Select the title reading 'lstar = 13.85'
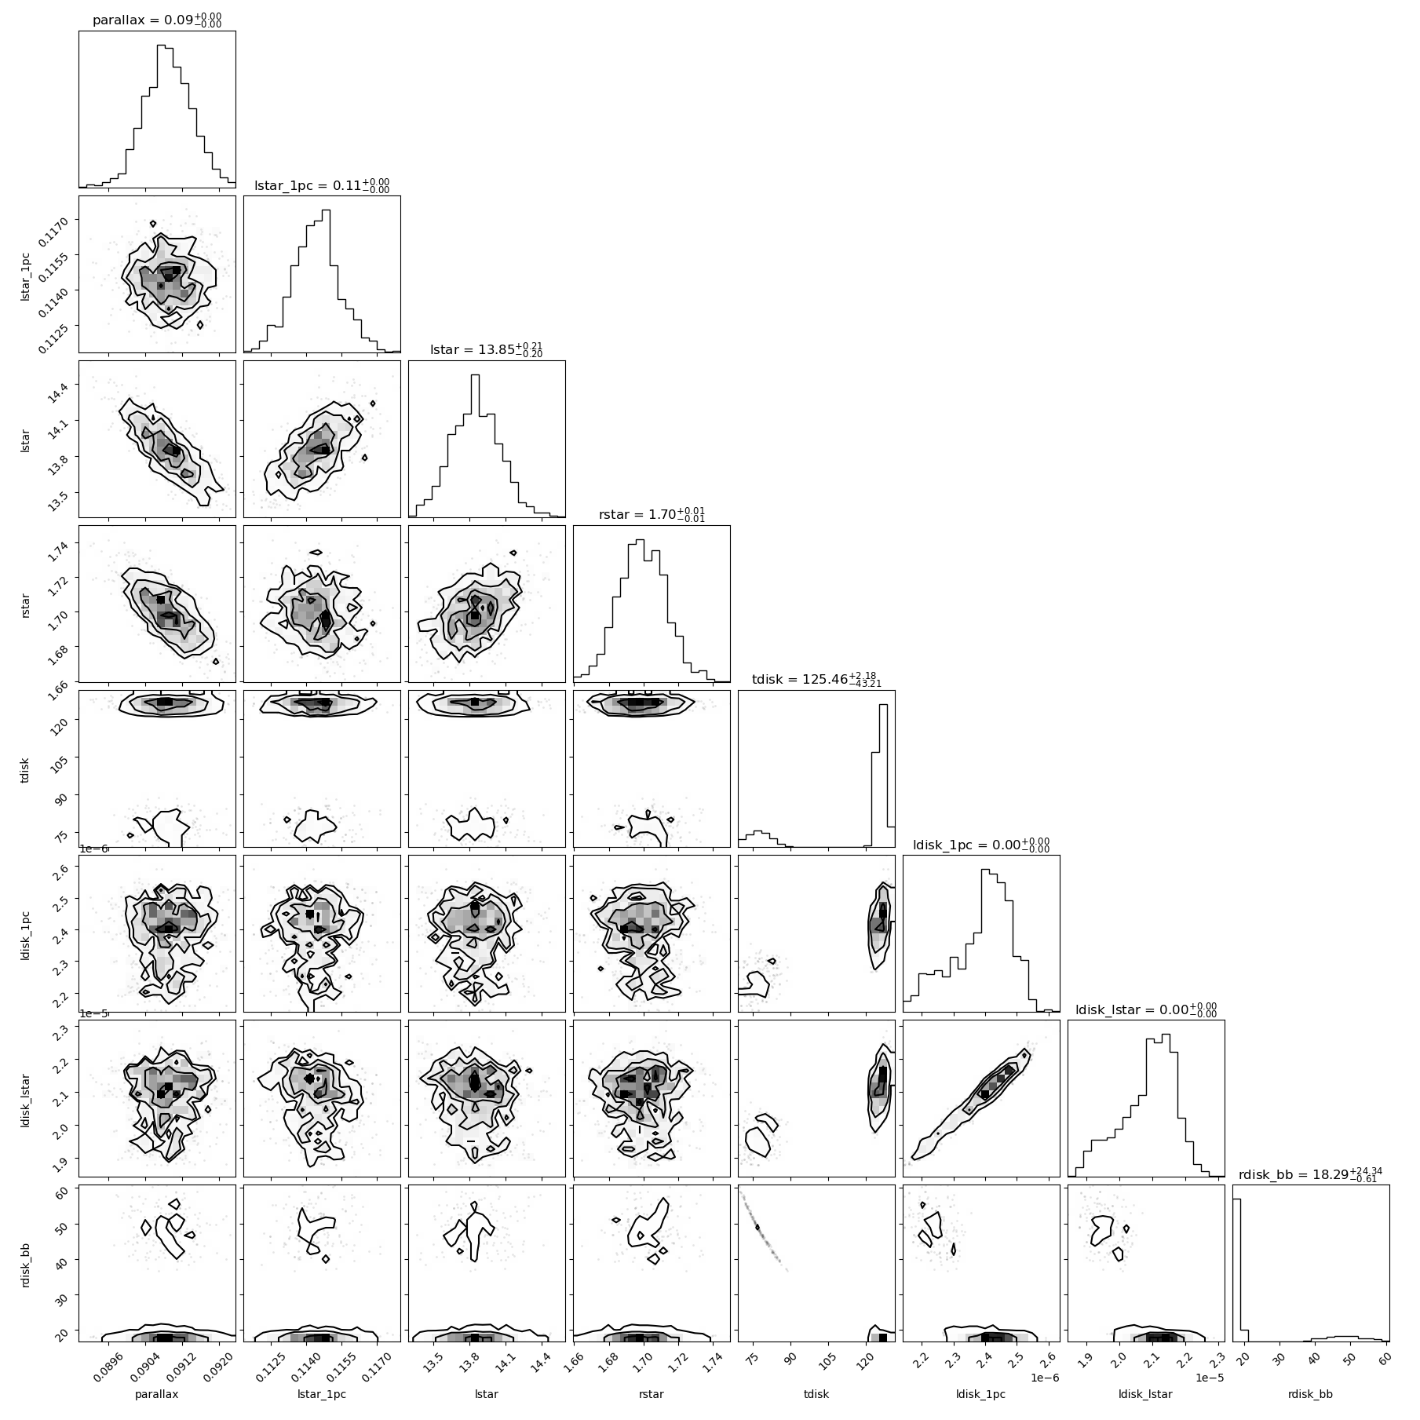pyautogui.click(x=487, y=349)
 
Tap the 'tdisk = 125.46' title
pyautogui.click(x=816, y=679)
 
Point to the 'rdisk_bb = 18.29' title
pyautogui.click(x=1311, y=1174)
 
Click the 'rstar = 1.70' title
pyautogui.click(x=652, y=514)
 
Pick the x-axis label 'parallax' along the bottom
pyautogui.click(x=157, y=1394)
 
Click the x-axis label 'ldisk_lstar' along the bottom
pyautogui.click(x=1146, y=1394)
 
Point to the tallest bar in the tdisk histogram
pyautogui.click(x=883, y=776)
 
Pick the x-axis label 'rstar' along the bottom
pyautogui.click(x=652, y=1394)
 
